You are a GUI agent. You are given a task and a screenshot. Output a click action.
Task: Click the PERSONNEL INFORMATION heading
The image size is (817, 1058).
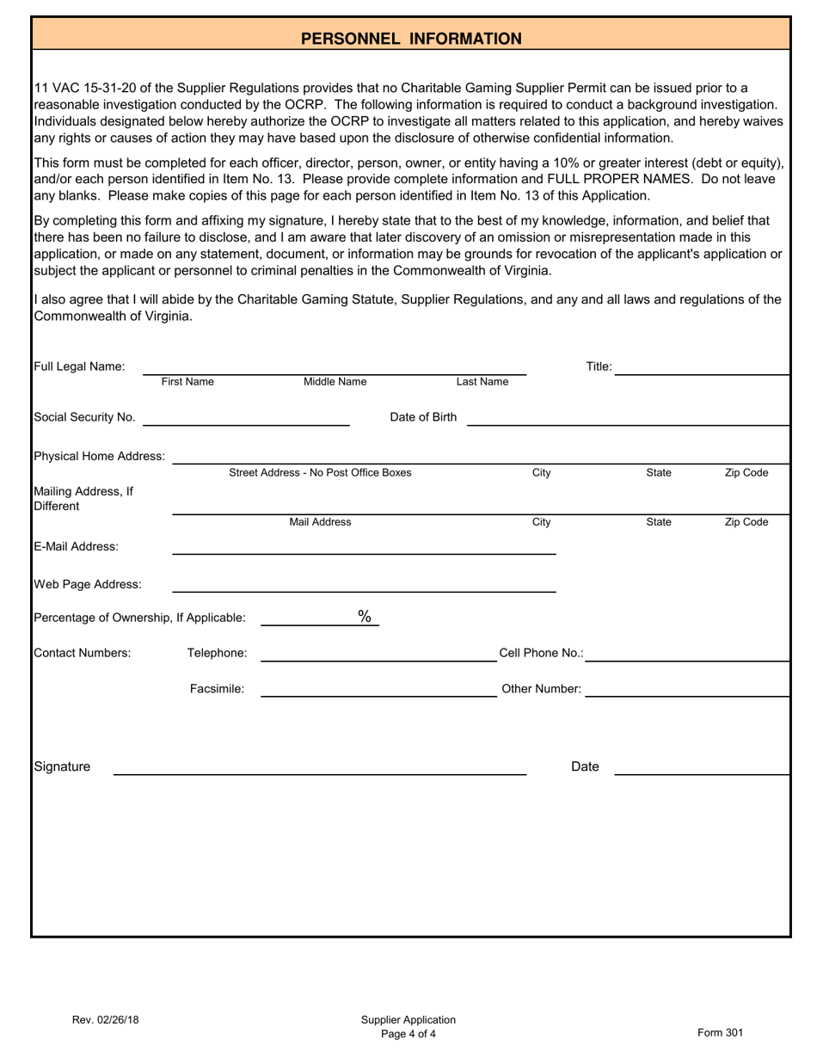(x=411, y=39)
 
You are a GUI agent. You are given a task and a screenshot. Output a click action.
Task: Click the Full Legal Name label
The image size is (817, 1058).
(x=79, y=366)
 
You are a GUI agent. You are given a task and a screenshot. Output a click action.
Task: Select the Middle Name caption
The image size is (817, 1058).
(x=335, y=382)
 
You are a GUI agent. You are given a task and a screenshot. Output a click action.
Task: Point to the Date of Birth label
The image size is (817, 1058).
(x=423, y=417)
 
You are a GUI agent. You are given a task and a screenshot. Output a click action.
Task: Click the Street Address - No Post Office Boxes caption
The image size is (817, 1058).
(x=320, y=473)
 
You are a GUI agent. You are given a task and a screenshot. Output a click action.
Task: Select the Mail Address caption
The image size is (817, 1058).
(x=320, y=522)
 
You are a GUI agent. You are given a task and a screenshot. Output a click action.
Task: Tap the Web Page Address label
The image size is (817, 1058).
(x=88, y=585)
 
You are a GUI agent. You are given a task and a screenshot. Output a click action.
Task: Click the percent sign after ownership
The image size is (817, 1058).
(x=365, y=616)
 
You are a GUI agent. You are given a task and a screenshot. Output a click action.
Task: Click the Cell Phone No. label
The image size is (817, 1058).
(x=541, y=653)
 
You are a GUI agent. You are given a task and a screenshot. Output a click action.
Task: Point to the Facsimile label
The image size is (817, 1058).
(x=217, y=689)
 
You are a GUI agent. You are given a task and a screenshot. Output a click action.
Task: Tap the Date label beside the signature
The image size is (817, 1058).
(x=585, y=766)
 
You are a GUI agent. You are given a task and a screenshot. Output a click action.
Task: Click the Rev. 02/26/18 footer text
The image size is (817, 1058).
(x=105, y=1020)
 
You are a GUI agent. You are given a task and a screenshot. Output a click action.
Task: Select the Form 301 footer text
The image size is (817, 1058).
(x=720, y=1033)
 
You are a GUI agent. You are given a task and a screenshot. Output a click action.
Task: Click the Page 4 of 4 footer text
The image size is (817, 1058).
(x=408, y=1034)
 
